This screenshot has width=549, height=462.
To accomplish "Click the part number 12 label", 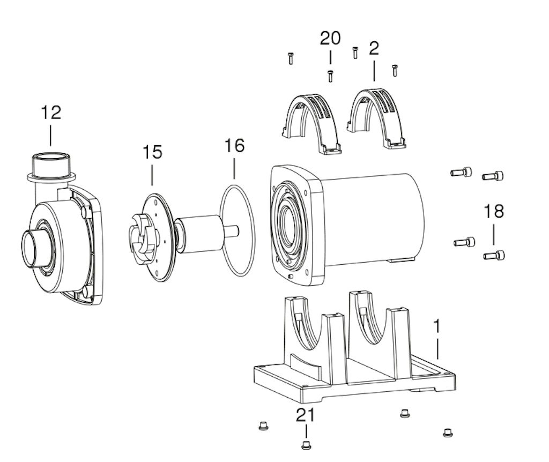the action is click(51, 113).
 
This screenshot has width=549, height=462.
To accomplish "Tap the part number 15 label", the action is click(152, 152).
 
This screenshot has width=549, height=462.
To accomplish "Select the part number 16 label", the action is click(234, 145).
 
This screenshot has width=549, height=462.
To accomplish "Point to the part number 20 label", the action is click(330, 38).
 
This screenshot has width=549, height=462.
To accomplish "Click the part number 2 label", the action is click(374, 48).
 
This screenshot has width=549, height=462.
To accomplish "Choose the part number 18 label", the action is click(494, 211).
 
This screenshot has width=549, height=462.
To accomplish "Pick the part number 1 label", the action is click(436, 326).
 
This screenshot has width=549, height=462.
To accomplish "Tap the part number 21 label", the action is click(305, 415).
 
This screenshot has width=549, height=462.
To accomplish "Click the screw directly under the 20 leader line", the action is click(330, 76).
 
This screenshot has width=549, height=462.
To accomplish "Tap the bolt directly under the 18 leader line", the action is click(494, 256).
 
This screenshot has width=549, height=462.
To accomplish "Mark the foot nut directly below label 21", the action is click(306, 444).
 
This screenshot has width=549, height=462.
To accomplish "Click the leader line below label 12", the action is click(51, 136).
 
